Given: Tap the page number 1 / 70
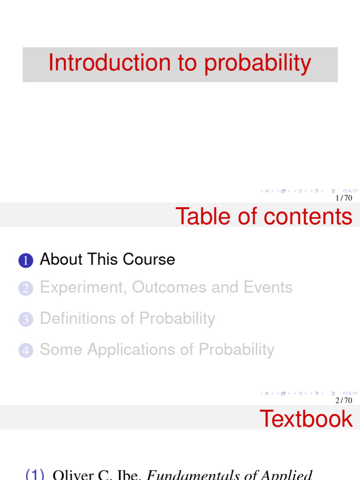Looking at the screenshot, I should [x=344, y=198].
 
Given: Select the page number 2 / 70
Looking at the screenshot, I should [x=344, y=400].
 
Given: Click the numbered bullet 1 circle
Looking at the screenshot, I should [x=26, y=261].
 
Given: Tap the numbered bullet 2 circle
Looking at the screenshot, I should [x=26, y=289].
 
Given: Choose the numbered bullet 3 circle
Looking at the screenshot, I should [x=26, y=320].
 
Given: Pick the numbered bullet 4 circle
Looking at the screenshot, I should [x=26, y=351].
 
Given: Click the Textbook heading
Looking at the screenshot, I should [x=306, y=419].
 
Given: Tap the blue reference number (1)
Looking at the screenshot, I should [x=35, y=475].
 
